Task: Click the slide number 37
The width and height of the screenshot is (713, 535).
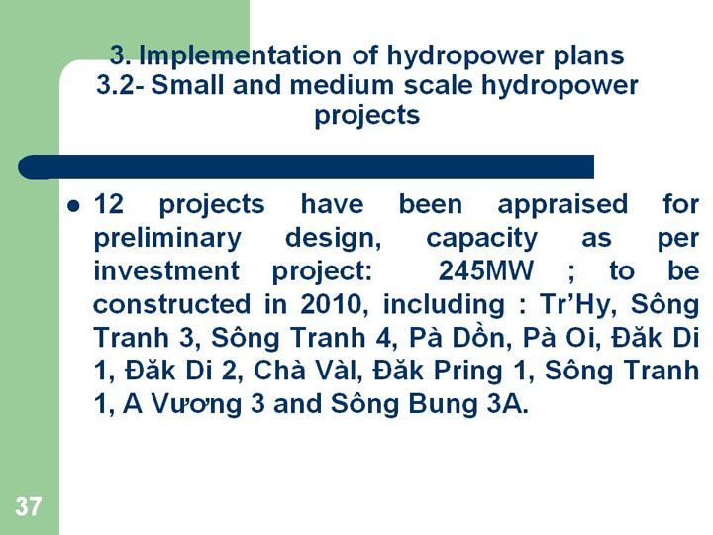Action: tap(28, 506)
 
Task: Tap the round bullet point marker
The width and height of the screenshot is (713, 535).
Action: tap(73, 206)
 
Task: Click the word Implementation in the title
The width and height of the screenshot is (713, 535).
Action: tap(240, 55)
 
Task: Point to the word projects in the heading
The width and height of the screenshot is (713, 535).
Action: tap(367, 116)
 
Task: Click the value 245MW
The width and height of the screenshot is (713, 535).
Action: tap(485, 270)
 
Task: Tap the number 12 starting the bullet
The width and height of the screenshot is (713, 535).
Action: tap(109, 204)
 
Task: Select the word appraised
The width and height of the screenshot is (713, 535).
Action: tap(562, 205)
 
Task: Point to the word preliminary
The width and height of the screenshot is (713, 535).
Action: tap(167, 239)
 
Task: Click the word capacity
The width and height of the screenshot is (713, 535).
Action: tap(482, 239)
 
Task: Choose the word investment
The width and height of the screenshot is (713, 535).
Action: tap(166, 270)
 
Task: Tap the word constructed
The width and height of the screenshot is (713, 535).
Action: tap(172, 304)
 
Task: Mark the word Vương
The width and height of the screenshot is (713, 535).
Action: tap(195, 404)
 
